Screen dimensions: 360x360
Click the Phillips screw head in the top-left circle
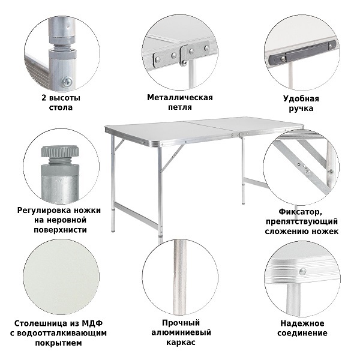coord(67,82)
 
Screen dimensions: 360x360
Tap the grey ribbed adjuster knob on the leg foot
coord(60,151)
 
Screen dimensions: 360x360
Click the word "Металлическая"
coord(180,97)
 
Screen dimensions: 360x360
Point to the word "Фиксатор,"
coord(299,212)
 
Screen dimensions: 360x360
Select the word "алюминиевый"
coord(181,332)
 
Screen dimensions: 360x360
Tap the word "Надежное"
coord(302,323)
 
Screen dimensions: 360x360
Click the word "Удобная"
coord(301,98)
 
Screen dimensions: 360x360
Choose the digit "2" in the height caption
coord(44,98)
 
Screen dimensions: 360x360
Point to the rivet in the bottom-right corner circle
coord(302,271)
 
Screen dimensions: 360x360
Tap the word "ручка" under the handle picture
coord(301,109)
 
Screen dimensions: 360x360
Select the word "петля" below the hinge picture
coord(180,107)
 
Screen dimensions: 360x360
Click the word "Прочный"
coord(181,323)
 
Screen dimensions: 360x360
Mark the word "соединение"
coord(302,333)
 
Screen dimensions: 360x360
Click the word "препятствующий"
coord(302,221)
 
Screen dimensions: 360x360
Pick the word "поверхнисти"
coord(61,230)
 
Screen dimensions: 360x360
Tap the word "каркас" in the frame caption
coord(181,342)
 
